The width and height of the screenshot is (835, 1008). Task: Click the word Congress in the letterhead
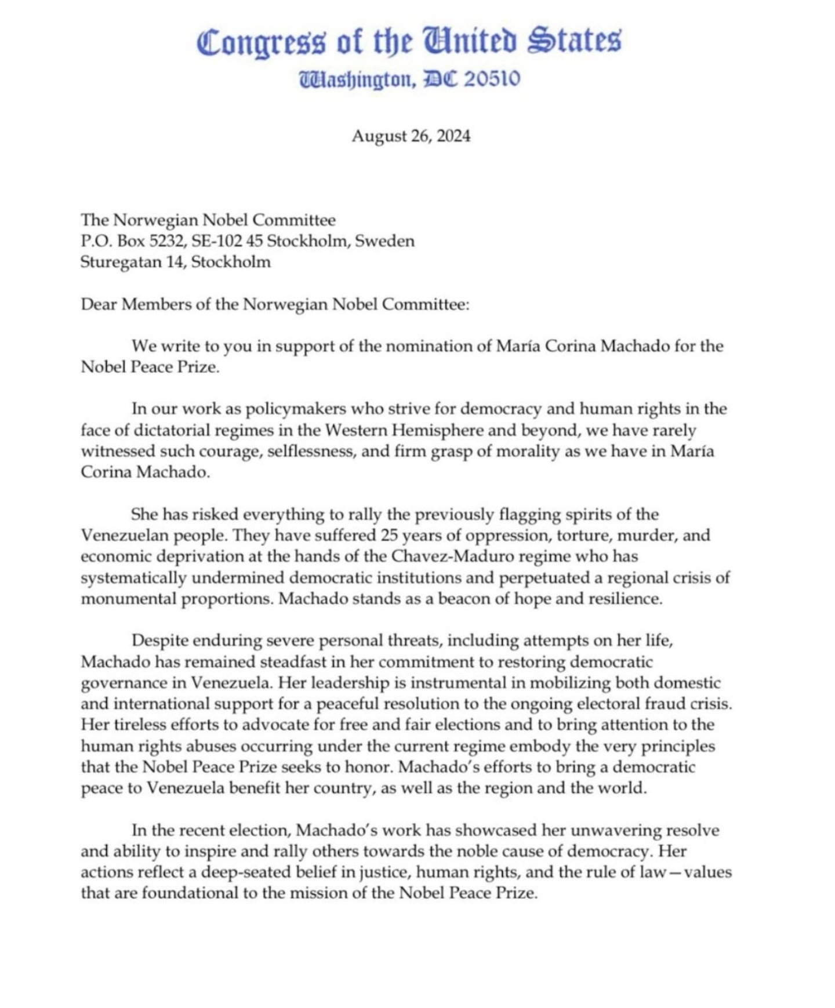click(x=262, y=42)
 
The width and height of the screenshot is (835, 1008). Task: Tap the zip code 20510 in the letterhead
click(x=492, y=78)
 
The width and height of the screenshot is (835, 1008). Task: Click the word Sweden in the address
click(x=384, y=241)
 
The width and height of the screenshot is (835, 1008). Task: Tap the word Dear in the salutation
click(x=99, y=304)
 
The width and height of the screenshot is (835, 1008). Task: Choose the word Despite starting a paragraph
click(x=160, y=641)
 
